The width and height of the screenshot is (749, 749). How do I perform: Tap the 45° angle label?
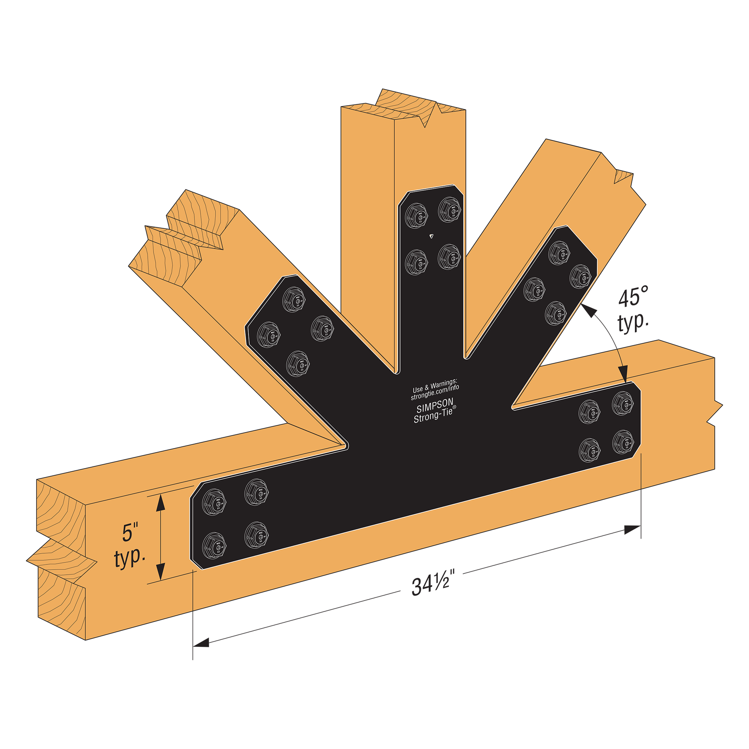[x=633, y=297]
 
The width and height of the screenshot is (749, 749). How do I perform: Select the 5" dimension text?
[x=130, y=533]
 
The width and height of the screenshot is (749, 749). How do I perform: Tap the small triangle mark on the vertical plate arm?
[x=431, y=236]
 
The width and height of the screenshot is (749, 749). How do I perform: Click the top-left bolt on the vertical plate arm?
[x=416, y=216]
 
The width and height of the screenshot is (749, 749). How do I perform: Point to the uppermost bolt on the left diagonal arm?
[x=294, y=300]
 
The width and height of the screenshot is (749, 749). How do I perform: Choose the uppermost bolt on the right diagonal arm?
[x=559, y=252]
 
